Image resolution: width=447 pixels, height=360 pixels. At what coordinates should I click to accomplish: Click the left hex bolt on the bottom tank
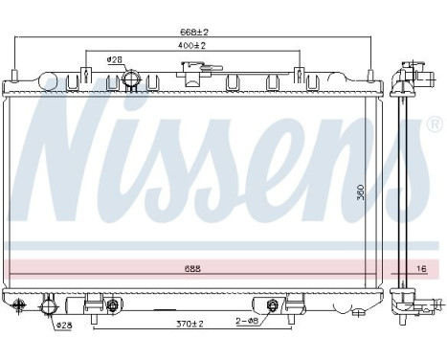point(112,306)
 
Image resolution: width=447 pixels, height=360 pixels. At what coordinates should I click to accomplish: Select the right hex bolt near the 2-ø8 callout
point(272,306)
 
